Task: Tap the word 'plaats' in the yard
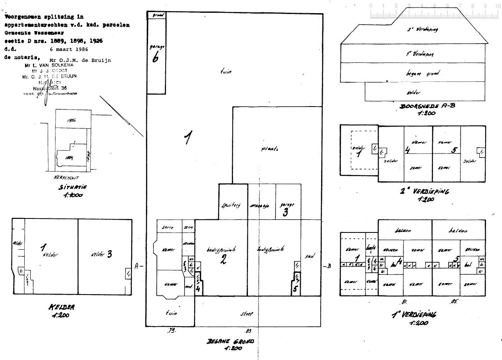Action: coord(270,149)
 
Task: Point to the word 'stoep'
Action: coord(246,314)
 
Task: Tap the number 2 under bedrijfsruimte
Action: coord(223,260)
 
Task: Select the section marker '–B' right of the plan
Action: coord(327,266)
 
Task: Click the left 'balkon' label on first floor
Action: coord(405,231)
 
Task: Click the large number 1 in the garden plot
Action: coord(187,139)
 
